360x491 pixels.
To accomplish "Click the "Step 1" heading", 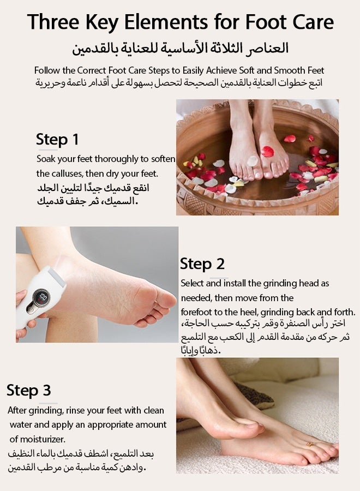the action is [57, 140].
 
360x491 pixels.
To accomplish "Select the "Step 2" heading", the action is [202, 264].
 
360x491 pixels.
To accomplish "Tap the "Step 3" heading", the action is [29, 390].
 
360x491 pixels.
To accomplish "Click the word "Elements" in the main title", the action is [167, 22].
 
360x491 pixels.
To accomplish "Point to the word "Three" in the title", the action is [53, 22].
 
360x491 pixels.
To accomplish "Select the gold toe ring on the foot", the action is [310, 444].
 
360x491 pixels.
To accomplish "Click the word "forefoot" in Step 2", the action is [196, 312].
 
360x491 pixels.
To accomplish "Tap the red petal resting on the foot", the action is [267, 152].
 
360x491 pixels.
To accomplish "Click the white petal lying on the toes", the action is [252, 160].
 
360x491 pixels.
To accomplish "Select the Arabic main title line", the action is [181, 49].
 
